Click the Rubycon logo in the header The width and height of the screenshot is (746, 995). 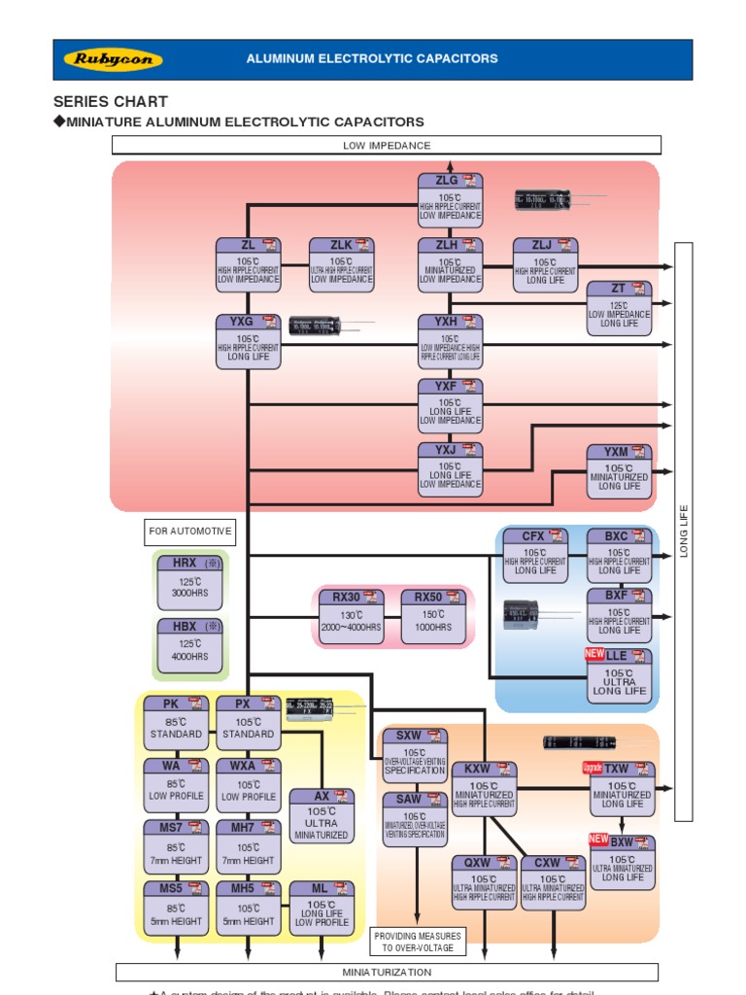pos(113,59)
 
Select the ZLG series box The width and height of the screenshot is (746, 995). pos(450,198)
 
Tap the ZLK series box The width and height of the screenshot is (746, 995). pos(341,264)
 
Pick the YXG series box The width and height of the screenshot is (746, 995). pos(248,340)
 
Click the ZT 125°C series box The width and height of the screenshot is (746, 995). pos(619,306)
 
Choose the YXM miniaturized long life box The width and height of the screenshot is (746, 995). pos(619,470)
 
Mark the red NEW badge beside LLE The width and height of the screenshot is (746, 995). pos(594,654)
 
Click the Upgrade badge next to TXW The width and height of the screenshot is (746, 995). pos(592,768)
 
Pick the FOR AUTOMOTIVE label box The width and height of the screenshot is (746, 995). pos(190,532)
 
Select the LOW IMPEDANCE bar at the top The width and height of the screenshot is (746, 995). pos(387,146)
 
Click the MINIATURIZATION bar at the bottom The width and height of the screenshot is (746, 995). pos(387,972)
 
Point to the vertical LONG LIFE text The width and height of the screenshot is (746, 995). pos(684,531)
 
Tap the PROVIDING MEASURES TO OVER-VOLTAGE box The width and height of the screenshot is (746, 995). pos(418,942)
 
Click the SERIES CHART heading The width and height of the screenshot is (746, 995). pos(110,101)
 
